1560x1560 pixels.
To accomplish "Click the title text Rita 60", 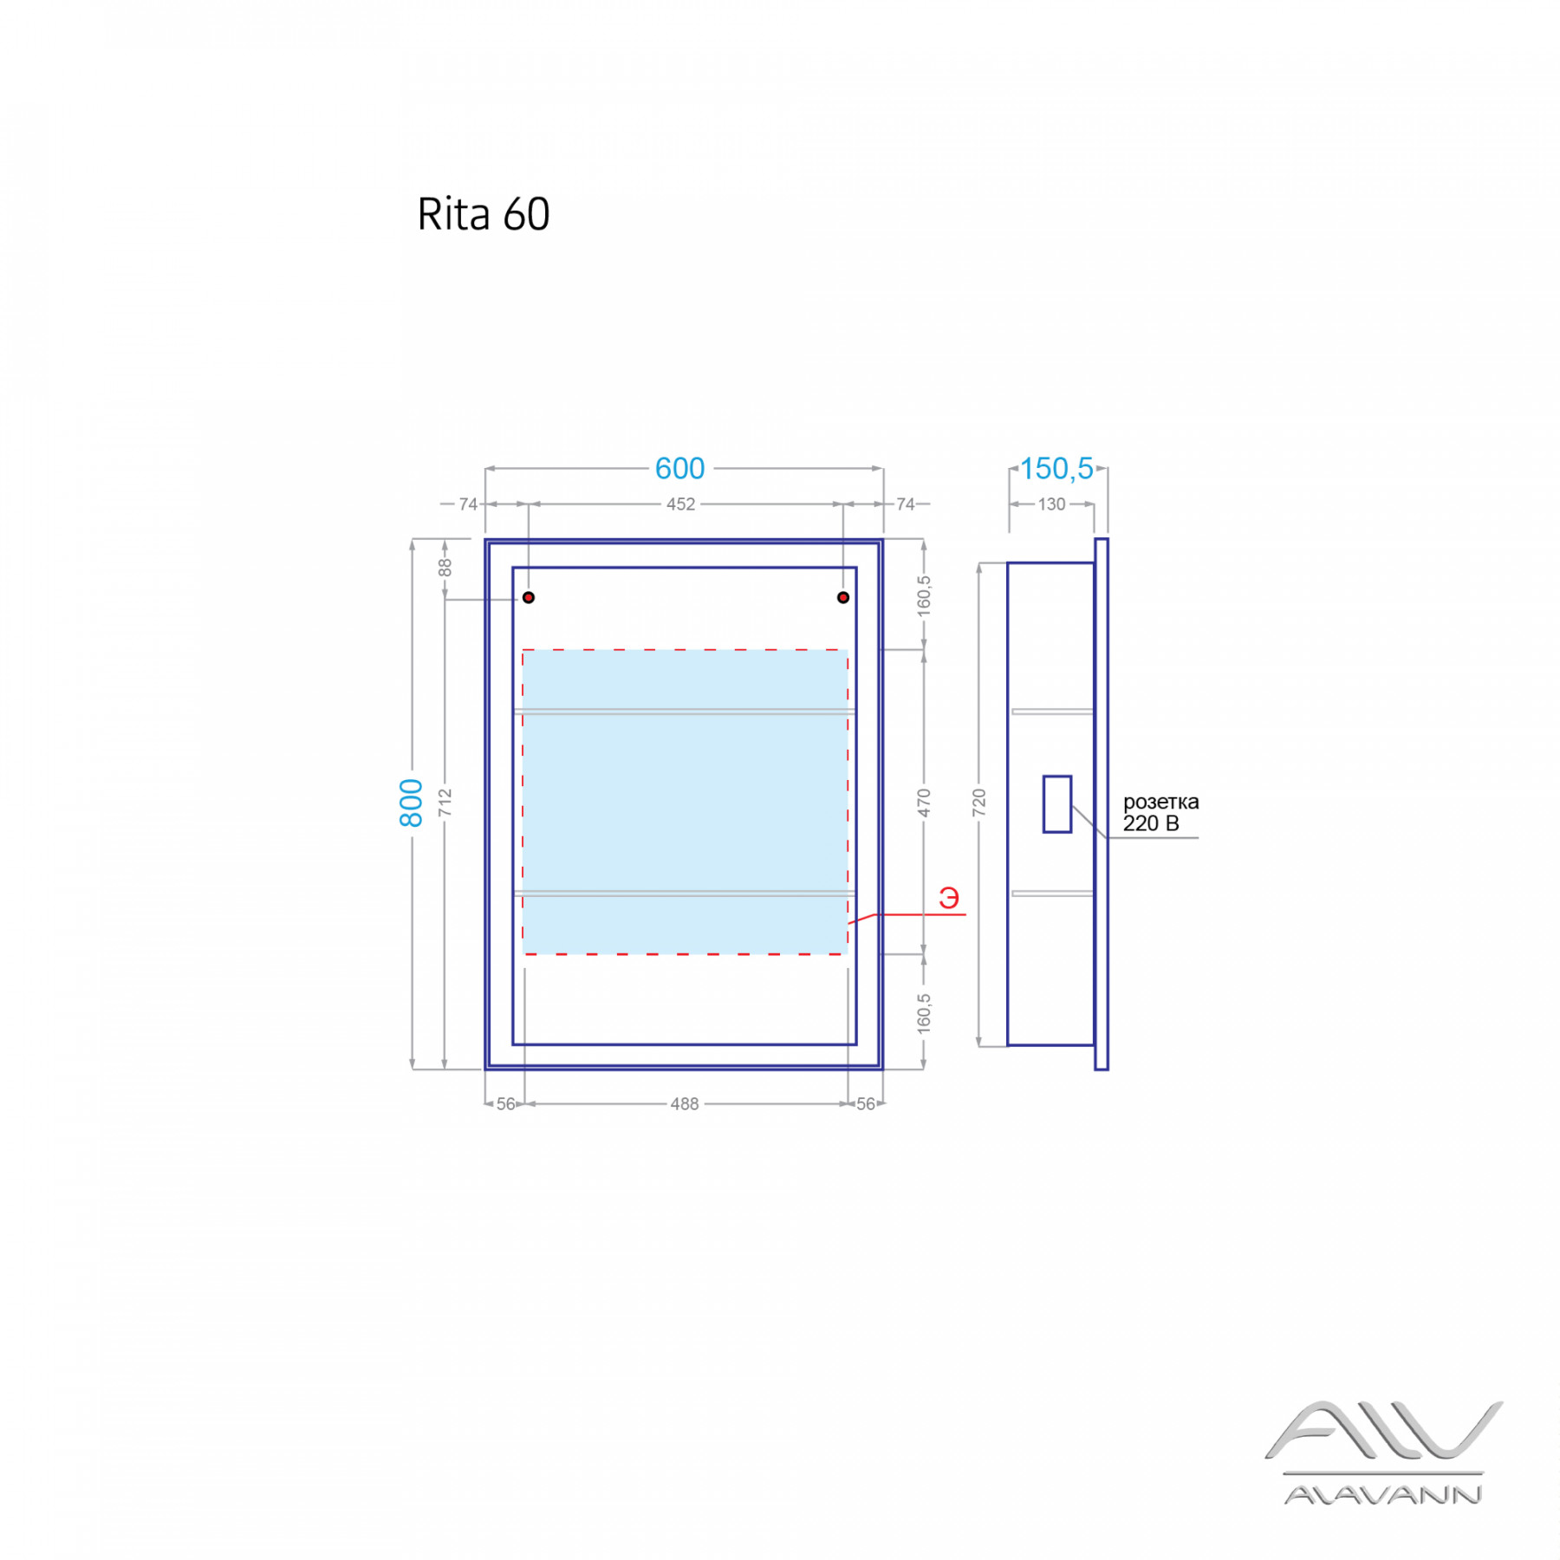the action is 483,214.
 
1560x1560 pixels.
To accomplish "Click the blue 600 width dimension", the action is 679,469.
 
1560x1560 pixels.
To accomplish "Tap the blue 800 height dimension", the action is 411,803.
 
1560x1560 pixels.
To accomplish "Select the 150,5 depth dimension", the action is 1056,469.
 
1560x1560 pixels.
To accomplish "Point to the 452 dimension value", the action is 680,504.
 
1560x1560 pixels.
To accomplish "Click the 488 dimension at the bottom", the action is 684,1104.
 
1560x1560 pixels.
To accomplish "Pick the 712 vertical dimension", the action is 445,803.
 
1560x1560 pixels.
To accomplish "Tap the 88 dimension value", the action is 445,568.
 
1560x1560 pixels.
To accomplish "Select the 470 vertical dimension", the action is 924,803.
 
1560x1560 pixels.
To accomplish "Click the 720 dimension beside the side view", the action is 978,803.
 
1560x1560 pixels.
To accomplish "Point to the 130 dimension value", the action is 1051,504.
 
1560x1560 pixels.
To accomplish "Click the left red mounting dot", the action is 529,598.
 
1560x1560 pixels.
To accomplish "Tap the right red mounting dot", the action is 843,598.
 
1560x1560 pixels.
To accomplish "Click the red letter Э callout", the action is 949,899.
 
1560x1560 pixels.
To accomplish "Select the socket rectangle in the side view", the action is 1057,804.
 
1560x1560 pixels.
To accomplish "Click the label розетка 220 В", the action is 1160,813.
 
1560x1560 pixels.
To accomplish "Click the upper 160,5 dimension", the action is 924,596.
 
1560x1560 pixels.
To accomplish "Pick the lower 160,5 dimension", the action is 924,1012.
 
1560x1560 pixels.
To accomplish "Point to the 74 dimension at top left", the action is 468,504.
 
